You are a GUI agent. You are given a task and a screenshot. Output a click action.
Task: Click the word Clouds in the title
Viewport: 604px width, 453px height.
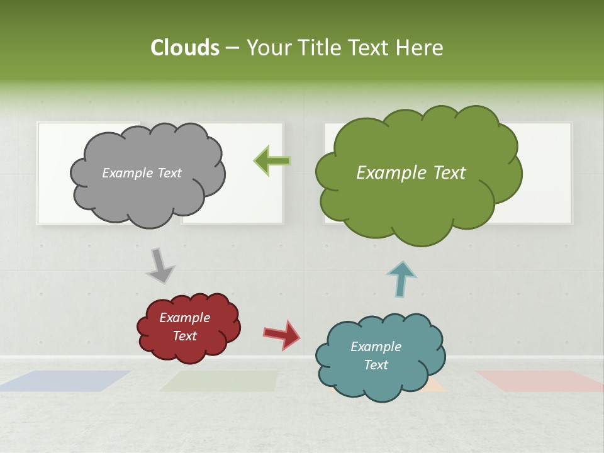click(185, 48)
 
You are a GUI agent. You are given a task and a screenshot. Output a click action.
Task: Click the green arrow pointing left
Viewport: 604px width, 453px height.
click(272, 161)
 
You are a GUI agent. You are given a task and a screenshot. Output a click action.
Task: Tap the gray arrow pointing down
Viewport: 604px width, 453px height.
click(160, 266)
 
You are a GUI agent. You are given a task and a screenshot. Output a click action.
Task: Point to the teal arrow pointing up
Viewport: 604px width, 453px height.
click(401, 279)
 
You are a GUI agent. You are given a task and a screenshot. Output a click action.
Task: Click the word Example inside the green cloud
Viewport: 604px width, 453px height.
click(384, 173)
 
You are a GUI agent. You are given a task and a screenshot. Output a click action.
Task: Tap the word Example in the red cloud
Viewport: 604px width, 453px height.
click(184, 318)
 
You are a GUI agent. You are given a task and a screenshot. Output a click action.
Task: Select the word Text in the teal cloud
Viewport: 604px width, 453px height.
click(376, 365)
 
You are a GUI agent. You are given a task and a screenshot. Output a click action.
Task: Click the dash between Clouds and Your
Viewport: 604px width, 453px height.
click(232, 48)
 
